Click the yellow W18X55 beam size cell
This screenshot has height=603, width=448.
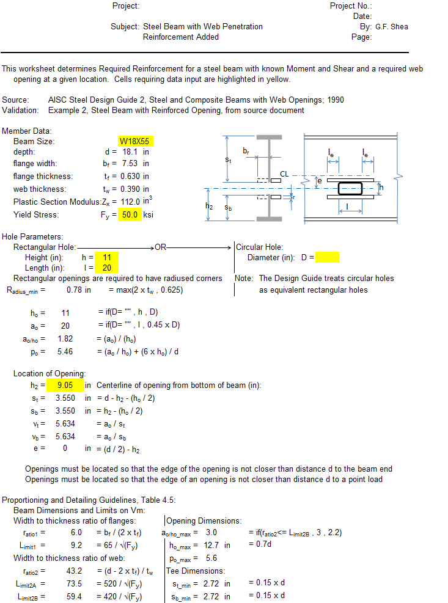pyautogui.click(x=136, y=141)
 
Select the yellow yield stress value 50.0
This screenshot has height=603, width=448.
pyautogui.click(x=130, y=214)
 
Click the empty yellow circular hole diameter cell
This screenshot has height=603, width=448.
pyautogui.click(x=328, y=257)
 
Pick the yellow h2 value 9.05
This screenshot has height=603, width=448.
pyautogui.click(x=65, y=385)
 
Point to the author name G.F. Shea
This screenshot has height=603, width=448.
pyautogui.click(x=392, y=27)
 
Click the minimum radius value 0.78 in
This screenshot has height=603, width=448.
pyautogui.click(x=79, y=290)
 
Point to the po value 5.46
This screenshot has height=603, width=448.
pyautogui.click(x=65, y=351)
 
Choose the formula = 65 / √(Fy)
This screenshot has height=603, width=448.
pyautogui.click(x=120, y=545)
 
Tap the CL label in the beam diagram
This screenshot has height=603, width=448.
pyautogui.click(x=284, y=174)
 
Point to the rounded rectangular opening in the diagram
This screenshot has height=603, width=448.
pyautogui.click(x=350, y=188)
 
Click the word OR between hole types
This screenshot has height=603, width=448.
pyautogui.click(x=160, y=247)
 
